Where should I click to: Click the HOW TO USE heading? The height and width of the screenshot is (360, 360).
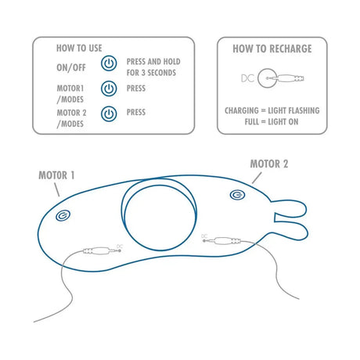(79, 49)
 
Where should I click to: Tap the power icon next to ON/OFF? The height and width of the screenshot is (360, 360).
(109, 63)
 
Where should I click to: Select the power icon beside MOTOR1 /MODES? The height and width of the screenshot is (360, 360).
(109, 88)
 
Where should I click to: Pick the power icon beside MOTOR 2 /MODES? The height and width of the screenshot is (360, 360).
(109, 113)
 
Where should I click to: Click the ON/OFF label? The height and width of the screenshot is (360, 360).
(71, 68)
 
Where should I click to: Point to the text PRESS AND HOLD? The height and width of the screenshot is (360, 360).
(153, 62)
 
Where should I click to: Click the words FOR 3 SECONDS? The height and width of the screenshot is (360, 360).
(151, 73)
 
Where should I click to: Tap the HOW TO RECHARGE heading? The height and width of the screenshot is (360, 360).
(272, 49)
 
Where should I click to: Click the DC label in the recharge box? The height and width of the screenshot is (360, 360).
(247, 78)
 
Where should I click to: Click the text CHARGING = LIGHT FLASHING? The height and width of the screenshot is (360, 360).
(272, 110)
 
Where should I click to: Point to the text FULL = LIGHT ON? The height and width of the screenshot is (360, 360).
(272, 122)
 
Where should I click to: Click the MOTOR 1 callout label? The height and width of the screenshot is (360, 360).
(56, 175)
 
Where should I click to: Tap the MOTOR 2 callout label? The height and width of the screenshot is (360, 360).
(269, 164)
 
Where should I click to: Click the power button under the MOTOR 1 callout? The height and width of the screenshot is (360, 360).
(63, 215)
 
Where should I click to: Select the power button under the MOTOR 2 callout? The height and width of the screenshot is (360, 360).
(237, 195)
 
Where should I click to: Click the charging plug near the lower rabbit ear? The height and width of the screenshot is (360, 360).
(222, 240)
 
